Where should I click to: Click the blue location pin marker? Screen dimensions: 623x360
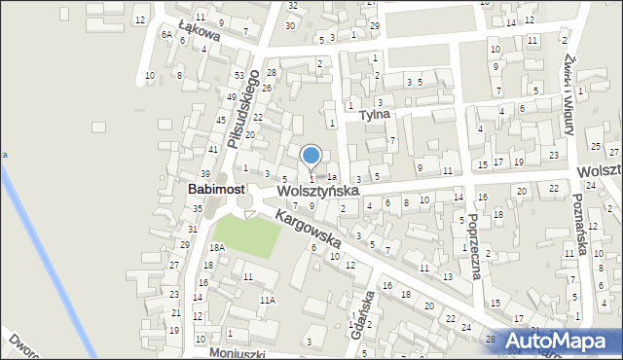coord(311,157)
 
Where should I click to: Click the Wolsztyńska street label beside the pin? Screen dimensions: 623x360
coord(317,192)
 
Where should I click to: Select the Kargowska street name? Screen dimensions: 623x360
coord(307,230)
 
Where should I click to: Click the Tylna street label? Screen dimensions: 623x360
coord(374,114)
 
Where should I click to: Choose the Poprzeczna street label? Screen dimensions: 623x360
coord(474,245)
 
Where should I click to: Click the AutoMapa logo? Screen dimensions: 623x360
coord(560,341)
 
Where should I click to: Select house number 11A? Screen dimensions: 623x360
coord(267,301)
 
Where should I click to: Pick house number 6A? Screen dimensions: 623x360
coord(166,34)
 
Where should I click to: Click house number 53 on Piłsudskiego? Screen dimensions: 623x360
coord(238,76)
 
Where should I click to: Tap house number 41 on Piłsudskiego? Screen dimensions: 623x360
coord(213,149)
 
